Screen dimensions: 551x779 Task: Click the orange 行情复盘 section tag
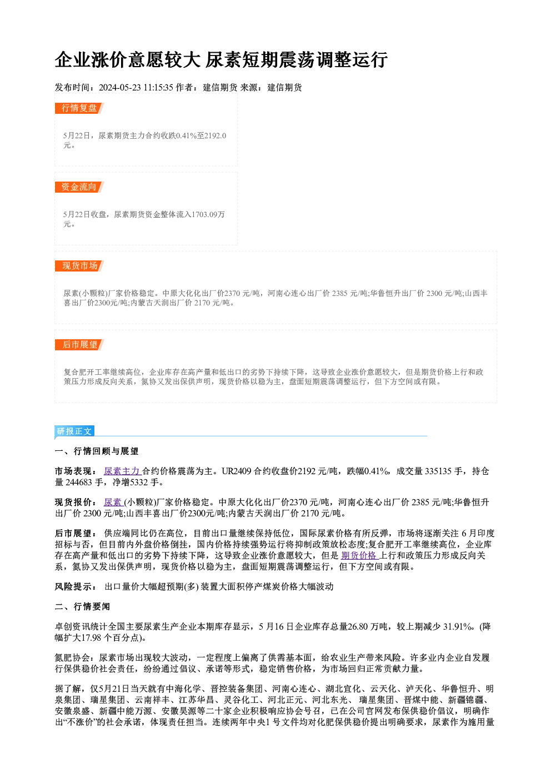pos(79,108)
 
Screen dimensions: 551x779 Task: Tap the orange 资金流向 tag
pos(79,187)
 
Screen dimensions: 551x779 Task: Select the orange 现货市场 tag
pos(79,266)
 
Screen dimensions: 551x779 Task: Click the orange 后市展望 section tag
pos(79,345)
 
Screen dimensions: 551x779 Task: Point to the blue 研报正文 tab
pos(74,431)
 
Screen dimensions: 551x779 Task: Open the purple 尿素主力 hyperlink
pos(122,471)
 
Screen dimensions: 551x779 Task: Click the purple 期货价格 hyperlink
pos(359,555)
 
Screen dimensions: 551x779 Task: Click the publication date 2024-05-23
pos(119,88)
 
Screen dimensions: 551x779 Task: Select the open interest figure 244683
pos(79,483)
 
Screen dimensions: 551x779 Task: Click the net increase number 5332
pos(138,483)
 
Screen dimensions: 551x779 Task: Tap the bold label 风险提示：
pos(76,587)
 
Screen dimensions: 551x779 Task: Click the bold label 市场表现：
pos(76,471)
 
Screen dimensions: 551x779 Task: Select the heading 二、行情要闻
pos(82,607)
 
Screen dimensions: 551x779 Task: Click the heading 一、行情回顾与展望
pos(97,451)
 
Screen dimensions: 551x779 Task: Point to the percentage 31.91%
pos(458,627)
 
